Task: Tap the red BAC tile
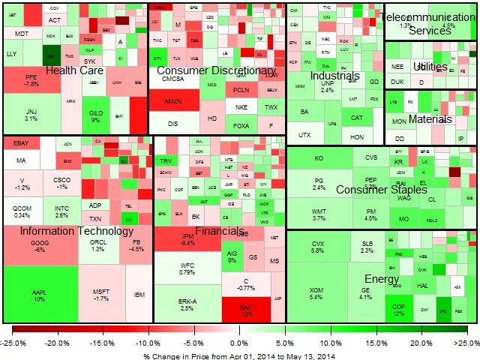[246, 309]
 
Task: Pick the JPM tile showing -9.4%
[187, 239]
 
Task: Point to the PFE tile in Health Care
[31, 80]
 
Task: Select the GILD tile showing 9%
[95, 116]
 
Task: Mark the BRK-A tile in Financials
[187, 304]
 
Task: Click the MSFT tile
[101, 293]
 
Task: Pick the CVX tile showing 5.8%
[318, 246]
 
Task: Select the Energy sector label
[382, 280]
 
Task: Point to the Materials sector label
[430, 119]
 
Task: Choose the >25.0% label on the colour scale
[466, 342]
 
